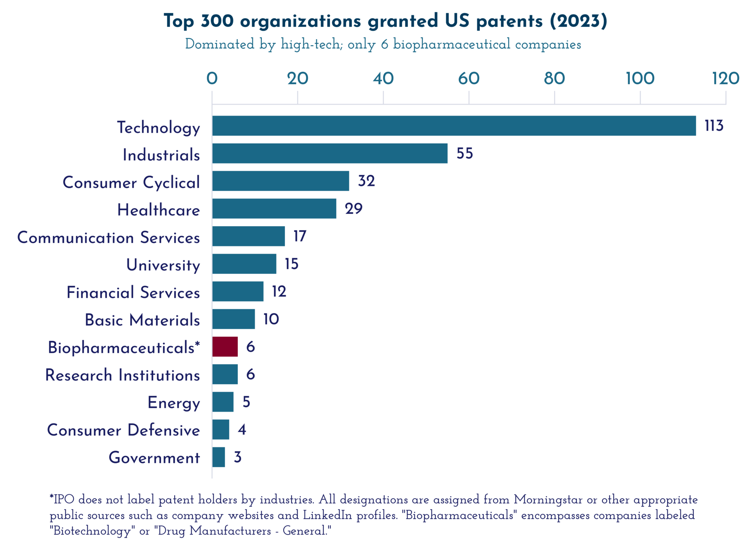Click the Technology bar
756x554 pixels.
click(454, 126)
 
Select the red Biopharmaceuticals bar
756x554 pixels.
click(225, 347)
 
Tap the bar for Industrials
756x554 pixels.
click(330, 153)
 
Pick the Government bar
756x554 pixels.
click(219, 457)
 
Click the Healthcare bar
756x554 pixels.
click(274, 209)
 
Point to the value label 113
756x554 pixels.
click(714, 126)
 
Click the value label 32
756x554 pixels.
click(366, 181)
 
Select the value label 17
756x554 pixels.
click(300, 236)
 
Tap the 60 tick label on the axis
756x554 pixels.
click(469, 79)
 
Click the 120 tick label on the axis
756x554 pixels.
click(725, 79)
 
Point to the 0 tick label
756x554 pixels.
click(212, 79)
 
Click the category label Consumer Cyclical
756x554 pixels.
click(131, 183)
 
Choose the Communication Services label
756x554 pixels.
click(109, 238)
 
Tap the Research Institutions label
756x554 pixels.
click(123, 375)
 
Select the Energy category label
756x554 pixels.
click(173, 403)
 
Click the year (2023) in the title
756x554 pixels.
click(578, 21)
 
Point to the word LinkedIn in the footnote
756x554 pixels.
click(327, 515)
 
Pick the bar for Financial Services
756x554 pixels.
click(238, 291)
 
